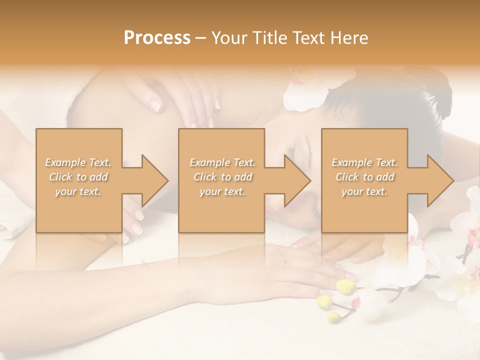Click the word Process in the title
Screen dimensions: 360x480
pos(157,38)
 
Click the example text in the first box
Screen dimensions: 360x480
pos(78,177)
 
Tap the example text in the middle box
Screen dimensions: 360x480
pos(222,177)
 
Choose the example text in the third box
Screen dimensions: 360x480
pos(364,177)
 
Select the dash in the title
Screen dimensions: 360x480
pos(201,38)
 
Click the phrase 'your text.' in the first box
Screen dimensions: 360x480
pos(78,191)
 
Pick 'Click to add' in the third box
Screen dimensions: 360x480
pos(364,177)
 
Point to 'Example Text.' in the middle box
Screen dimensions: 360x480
pos(222,162)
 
